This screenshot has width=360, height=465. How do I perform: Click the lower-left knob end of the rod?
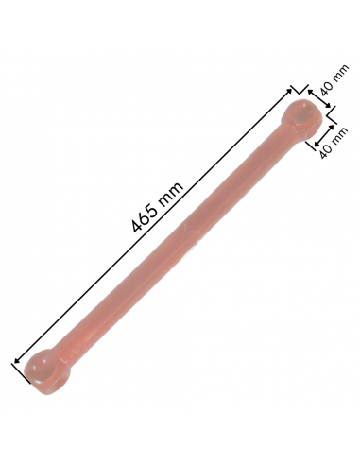coord(47,370)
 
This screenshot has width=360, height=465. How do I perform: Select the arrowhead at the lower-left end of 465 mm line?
coord(16,359)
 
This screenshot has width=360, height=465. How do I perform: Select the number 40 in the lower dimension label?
coord(324,147)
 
